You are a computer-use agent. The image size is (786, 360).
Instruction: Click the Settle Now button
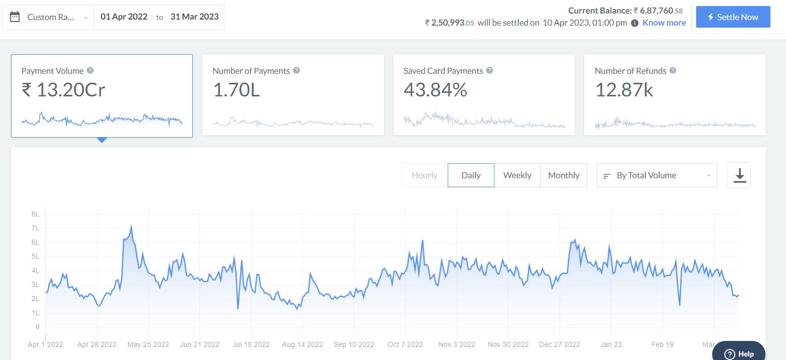[x=733, y=17]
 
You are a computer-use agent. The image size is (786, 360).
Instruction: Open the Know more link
[x=664, y=23]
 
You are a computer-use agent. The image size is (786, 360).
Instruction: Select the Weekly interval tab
[x=517, y=175]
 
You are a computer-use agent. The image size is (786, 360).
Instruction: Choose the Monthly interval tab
[x=564, y=175]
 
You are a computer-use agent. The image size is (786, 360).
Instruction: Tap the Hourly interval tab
[x=425, y=175]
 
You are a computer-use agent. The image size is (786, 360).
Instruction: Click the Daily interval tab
[x=471, y=175]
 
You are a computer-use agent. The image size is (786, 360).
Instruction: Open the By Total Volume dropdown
[x=657, y=175]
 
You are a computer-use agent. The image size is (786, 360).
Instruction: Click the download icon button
[x=739, y=175]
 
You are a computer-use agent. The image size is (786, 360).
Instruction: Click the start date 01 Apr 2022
[x=124, y=17]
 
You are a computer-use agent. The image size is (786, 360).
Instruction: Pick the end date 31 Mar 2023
[x=194, y=17]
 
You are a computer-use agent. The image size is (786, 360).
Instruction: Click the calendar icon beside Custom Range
[x=15, y=17]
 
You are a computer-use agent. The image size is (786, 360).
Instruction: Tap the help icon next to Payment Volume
[x=90, y=70]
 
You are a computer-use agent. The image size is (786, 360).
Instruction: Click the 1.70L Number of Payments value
[x=236, y=90]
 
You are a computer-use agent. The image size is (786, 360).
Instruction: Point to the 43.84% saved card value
[x=435, y=90]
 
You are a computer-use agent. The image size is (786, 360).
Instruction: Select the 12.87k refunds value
[x=624, y=90]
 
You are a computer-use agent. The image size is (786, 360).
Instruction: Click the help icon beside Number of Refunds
[x=673, y=70]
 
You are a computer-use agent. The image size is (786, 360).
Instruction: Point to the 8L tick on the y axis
[x=35, y=214]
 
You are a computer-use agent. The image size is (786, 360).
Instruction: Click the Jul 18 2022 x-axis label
[x=251, y=344]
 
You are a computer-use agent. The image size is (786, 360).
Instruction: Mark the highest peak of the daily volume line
[x=131, y=225]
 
